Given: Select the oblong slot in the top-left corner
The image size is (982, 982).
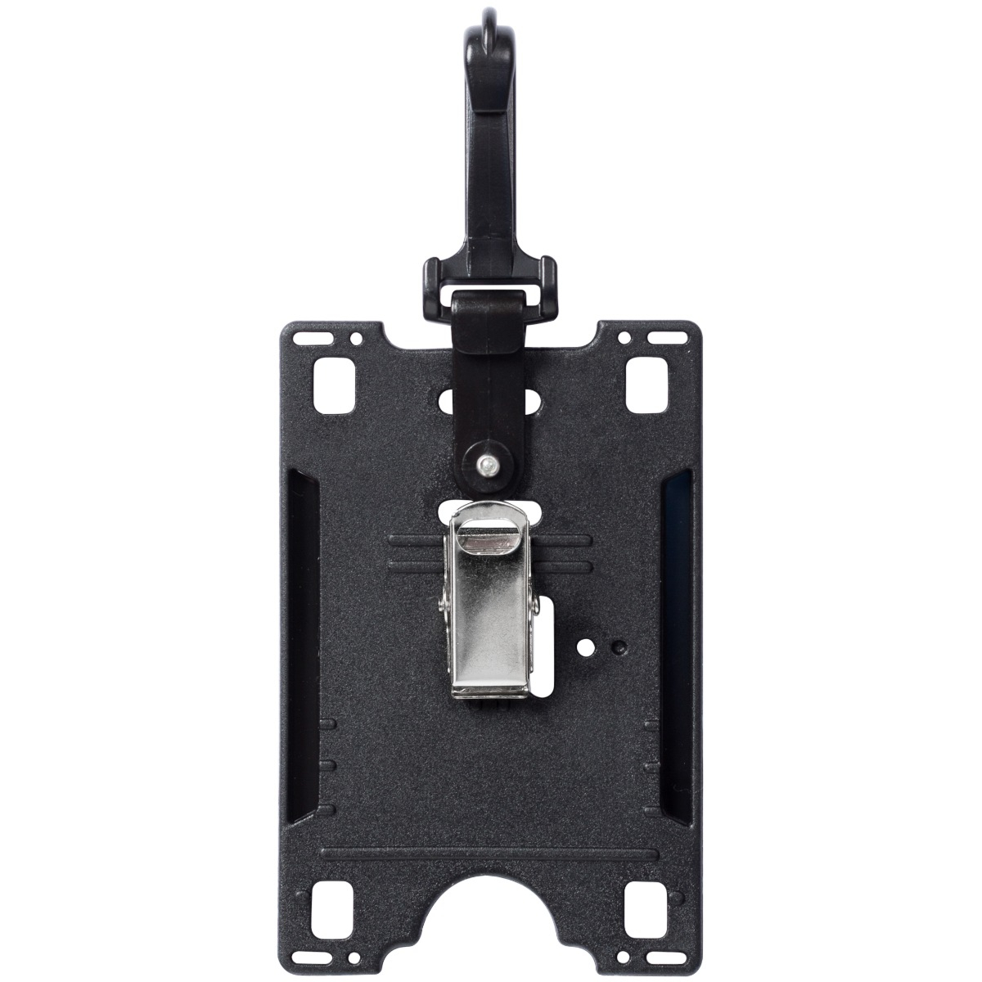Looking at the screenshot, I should point(314,336).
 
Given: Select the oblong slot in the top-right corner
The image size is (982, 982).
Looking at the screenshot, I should point(664,336).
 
